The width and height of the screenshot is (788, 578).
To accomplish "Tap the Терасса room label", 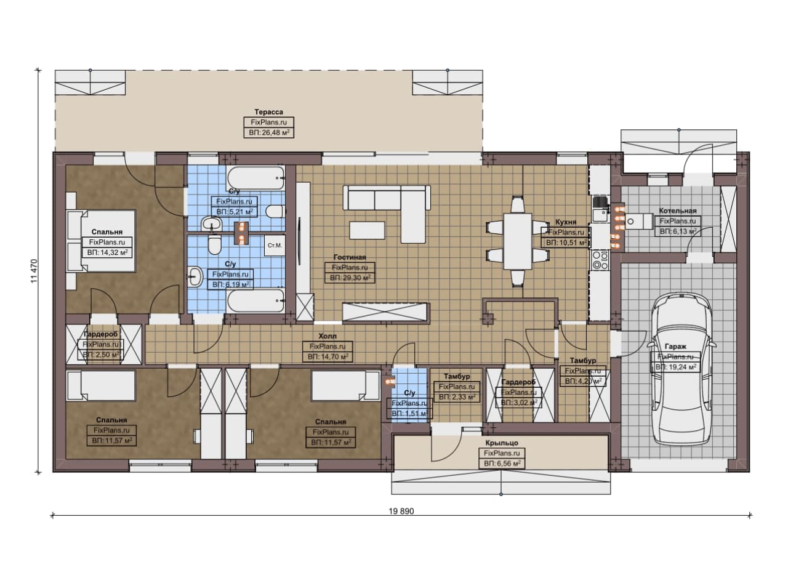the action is [269, 112].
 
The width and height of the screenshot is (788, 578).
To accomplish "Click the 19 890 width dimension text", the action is [401, 511].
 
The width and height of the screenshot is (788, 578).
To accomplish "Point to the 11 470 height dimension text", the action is [34, 271].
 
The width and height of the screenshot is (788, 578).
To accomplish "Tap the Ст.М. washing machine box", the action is [275, 245].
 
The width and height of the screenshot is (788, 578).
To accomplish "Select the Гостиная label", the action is [350, 257].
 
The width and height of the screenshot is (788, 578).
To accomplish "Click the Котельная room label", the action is [678, 211].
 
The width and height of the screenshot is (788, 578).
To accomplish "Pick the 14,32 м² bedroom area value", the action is [107, 252].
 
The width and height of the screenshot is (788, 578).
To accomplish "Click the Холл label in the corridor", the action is [328, 336].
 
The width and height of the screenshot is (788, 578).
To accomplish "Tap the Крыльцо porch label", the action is [502, 443].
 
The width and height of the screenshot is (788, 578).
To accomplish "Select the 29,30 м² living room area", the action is [350, 278].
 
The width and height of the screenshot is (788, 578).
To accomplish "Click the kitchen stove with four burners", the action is [600, 260].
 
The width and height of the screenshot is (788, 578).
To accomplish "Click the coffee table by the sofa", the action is [367, 230].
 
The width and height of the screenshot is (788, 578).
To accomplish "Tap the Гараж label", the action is [675, 347].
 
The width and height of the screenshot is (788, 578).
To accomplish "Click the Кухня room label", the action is [566, 222].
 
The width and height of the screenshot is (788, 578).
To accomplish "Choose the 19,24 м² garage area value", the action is [675, 367].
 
